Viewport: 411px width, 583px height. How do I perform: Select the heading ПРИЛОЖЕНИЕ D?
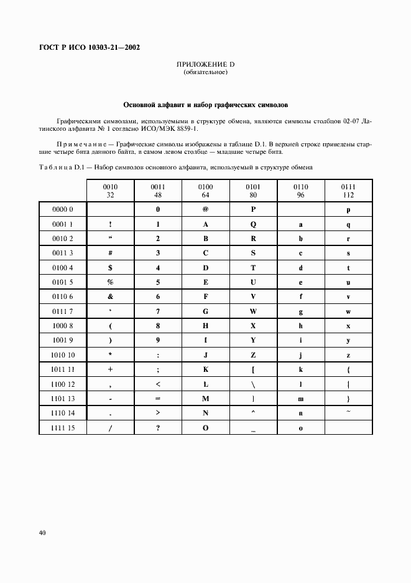[x=205, y=65]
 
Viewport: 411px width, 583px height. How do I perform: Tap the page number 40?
[x=42, y=533]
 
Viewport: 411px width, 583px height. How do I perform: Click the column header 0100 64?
[x=205, y=190]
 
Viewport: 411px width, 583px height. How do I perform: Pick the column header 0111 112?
[x=348, y=190]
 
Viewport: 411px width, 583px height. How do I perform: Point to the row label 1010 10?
[x=63, y=355]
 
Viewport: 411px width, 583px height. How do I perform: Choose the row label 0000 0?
[x=63, y=210]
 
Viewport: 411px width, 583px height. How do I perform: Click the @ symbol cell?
[x=205, y=210]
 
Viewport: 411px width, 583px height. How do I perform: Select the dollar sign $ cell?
[x=110, y=268]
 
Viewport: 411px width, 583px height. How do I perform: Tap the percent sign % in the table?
[x=110, y=282]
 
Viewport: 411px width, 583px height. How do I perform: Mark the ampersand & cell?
[x=110, y=297]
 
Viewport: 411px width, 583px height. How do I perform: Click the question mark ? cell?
[x=158, y=428]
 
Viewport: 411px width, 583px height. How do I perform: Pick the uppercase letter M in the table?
[x=205, y=399]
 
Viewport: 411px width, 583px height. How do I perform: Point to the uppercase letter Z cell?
[x=253, y=355]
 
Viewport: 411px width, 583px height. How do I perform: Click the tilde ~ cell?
[x=348, y=411]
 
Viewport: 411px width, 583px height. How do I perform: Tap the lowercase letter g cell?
[x=301, y=311]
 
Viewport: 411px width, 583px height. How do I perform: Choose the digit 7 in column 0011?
[x=158, y=311]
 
